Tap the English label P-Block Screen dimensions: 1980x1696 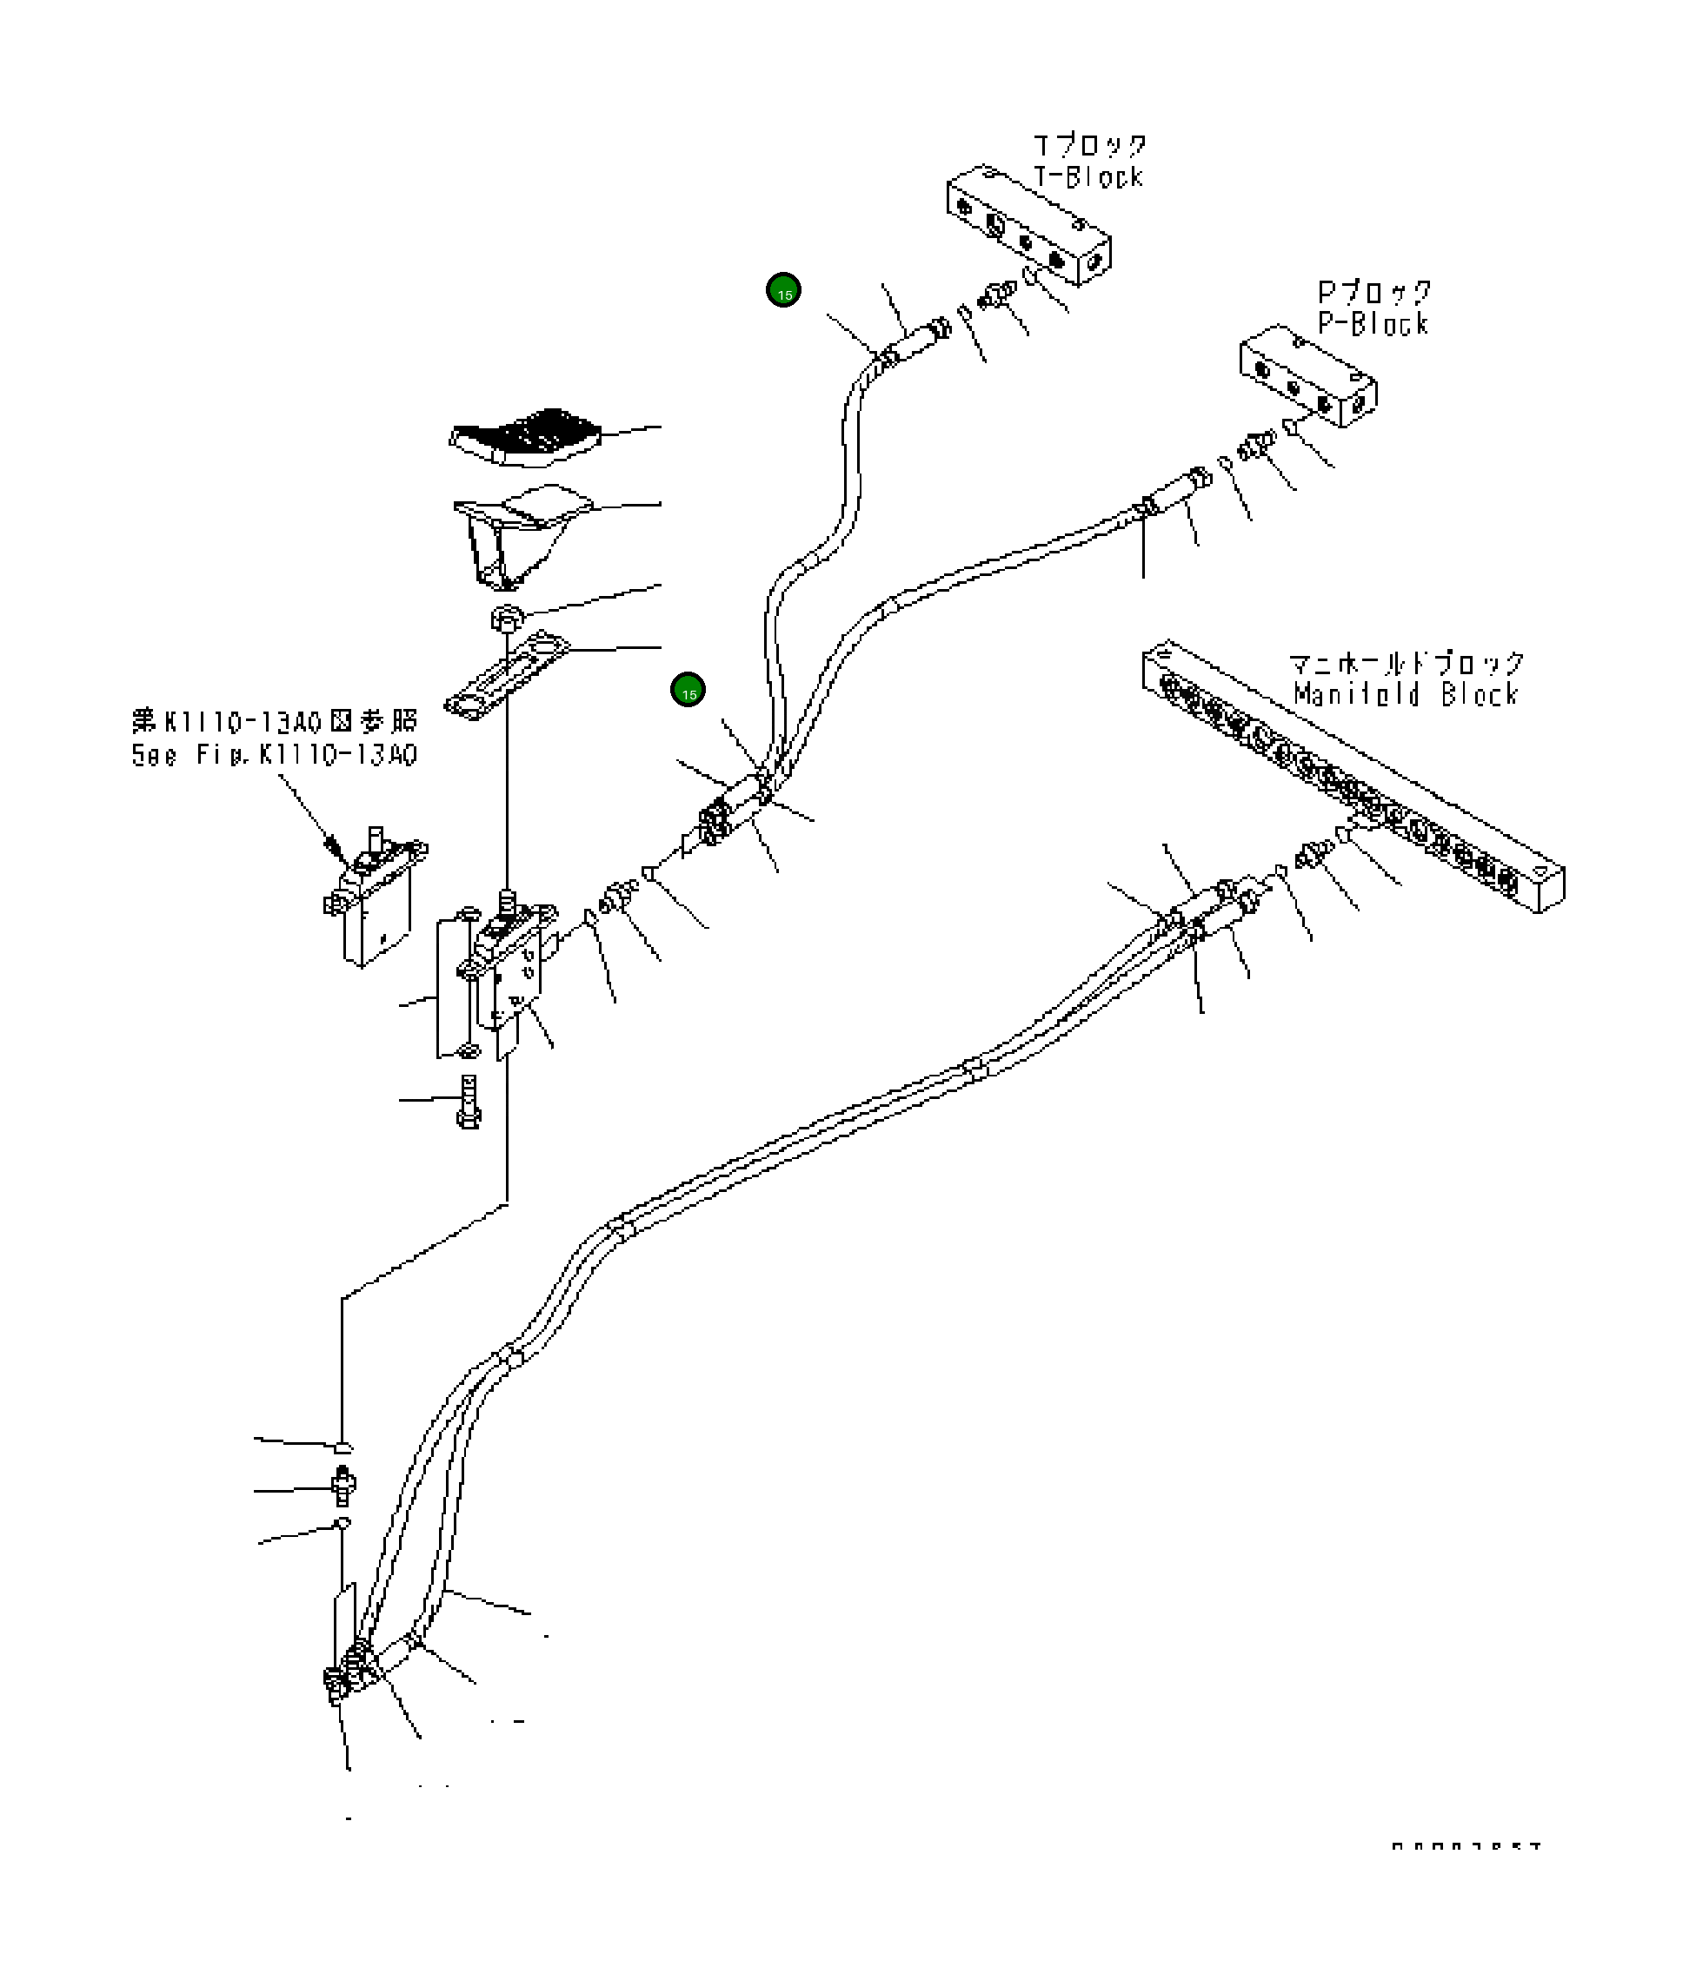click(1373, 324)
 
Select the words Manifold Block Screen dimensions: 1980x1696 click(1406, 694)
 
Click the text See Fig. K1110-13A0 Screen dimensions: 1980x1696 click(275, 755)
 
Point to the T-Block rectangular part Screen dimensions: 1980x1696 click(1028, 228)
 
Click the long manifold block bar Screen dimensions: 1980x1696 click(1352, 774)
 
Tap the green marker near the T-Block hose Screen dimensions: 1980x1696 click(784, 290)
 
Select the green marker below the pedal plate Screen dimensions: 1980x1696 click(688, 690)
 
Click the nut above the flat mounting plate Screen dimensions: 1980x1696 click(506, 619)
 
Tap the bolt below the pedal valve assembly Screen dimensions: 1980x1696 click(468, 1102)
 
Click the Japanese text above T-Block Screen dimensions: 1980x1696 click(1090, 146)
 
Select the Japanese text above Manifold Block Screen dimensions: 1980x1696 click(1406, 662)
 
